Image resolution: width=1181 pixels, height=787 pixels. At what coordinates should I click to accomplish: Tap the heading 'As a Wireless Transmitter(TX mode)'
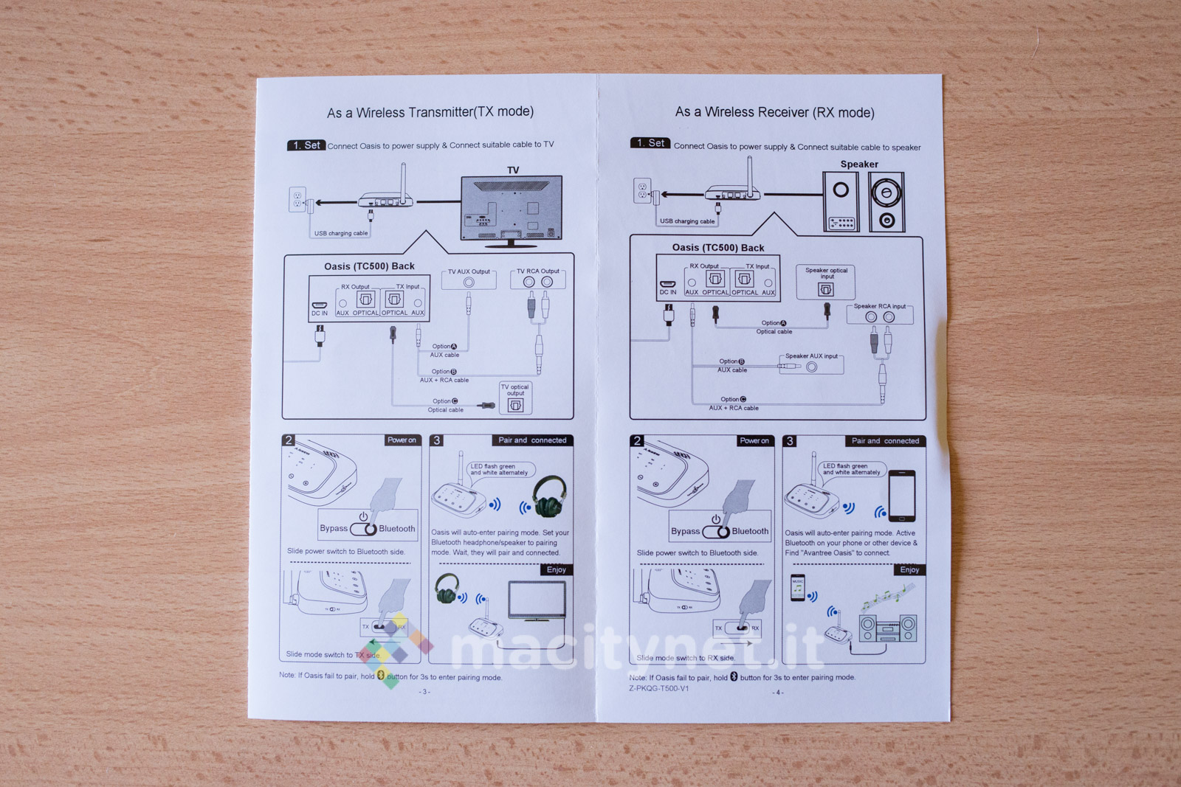(430, 112)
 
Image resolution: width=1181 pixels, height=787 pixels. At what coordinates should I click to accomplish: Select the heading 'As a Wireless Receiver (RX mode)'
(774, 112)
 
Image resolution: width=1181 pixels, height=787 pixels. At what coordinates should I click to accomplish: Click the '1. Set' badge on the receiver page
(650, 143)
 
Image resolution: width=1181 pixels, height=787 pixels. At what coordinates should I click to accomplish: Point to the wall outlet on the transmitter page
(297, 199)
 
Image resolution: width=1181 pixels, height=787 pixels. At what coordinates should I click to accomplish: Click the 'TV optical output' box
(515, 398)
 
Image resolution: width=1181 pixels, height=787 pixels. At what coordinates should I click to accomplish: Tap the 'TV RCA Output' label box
(537, 278)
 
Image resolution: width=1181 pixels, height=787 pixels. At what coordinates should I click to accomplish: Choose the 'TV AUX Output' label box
(469, 278)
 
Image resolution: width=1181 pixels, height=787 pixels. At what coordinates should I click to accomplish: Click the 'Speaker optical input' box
(826, 282)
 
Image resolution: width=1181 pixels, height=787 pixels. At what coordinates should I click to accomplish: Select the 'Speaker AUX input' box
(811, 363)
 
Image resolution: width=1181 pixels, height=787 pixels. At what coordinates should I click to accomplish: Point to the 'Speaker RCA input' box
(879, 313)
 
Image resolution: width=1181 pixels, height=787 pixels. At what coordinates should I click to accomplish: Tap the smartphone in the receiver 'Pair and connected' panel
(902, 496)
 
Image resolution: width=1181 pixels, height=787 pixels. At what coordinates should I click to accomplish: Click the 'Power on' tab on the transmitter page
(402, 440)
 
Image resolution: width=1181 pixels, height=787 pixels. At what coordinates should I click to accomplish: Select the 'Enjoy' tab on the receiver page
(909, 570)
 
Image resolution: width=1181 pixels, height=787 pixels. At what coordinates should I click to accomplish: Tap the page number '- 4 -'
(778, 693)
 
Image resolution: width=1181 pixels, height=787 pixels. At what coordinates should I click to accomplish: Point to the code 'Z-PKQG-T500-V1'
(658, 689)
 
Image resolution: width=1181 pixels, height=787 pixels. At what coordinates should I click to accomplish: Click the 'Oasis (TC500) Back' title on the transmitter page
(369, 266)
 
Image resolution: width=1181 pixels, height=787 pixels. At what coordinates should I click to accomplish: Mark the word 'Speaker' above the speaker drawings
(859, 164)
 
